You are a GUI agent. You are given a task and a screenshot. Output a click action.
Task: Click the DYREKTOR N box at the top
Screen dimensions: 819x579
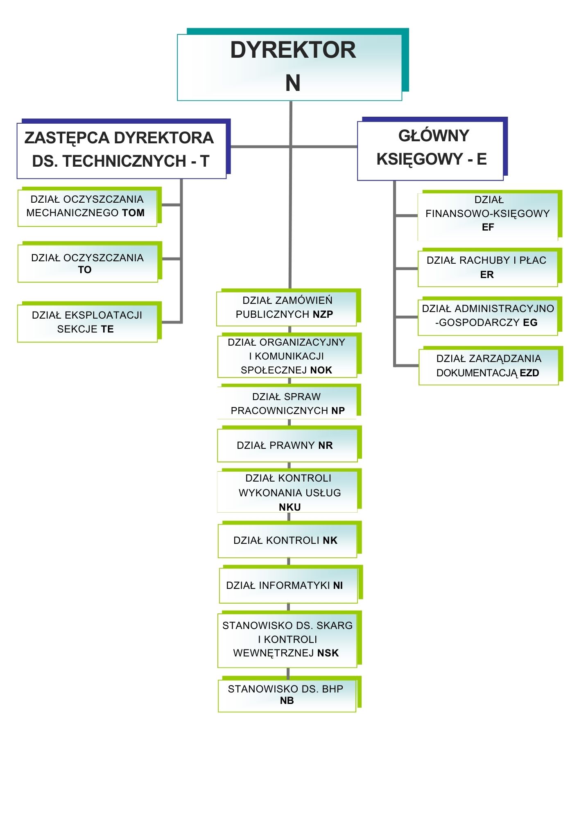289,67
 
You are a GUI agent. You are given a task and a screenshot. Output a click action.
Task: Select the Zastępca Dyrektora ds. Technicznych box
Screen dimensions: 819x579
122,150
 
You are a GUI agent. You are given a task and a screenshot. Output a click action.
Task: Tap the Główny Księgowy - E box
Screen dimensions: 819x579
430,150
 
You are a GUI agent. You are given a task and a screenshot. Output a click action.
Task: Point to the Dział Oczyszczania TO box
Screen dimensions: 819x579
88,263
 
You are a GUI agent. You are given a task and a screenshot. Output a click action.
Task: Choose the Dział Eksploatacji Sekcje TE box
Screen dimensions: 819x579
87,322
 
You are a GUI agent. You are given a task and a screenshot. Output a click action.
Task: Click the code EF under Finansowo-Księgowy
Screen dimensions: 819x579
488,227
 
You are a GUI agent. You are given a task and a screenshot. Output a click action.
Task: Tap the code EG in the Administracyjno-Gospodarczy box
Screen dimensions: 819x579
530,323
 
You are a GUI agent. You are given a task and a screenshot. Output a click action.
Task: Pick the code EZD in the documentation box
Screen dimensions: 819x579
529,373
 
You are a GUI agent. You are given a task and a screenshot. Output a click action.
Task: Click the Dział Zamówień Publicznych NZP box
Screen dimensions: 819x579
287,308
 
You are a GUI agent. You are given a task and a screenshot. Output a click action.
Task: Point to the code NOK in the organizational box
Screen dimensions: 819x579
321,370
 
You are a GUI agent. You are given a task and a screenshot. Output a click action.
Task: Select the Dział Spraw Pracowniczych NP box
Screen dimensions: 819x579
287,403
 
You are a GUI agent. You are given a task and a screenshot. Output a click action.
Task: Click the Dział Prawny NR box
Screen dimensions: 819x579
287,445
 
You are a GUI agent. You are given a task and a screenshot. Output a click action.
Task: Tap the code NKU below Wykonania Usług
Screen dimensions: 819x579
290,507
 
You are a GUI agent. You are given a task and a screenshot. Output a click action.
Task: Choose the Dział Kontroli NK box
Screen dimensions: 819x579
287,540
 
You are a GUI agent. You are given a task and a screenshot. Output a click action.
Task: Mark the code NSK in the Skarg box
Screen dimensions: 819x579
328,653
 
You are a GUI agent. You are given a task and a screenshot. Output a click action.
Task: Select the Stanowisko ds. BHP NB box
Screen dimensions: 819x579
287,695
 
